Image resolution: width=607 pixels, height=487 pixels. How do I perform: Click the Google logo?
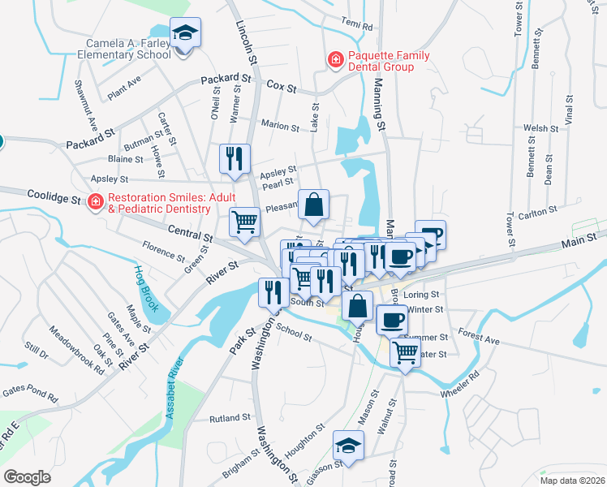(x=27, y=477)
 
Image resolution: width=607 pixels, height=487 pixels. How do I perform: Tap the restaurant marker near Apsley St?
(x=235, y=158)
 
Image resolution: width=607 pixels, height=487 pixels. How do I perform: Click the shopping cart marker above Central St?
(x=244, y=222)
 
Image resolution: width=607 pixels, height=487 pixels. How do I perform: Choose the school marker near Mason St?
(x=348, y=445)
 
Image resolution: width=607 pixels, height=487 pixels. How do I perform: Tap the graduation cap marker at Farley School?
(x=186, y=32)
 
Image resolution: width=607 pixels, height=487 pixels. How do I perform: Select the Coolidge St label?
(x=54, y=197)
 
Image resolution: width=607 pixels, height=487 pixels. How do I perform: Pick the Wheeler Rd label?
(x=460, y=383)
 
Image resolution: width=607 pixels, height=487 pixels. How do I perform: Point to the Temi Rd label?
(x=357, y=25)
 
